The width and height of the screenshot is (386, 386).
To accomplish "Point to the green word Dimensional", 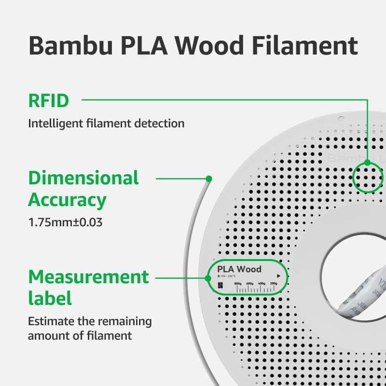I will [x=83, y=178].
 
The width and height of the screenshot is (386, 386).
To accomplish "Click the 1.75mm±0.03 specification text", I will [x=65, y=223].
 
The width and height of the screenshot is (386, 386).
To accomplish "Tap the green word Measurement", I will [x=88, y=277].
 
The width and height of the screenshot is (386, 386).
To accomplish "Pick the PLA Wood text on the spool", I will [x=239, y=269].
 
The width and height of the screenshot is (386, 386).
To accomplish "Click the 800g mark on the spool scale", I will [x=237, y=283].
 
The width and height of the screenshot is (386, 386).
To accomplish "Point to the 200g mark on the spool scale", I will [x=274, y=283].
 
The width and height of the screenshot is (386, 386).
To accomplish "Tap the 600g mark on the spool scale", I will [x=249, y=283].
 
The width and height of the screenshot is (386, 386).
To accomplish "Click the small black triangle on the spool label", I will [x=278, y=270].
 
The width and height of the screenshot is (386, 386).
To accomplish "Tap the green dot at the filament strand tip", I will [x=209, y=179].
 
